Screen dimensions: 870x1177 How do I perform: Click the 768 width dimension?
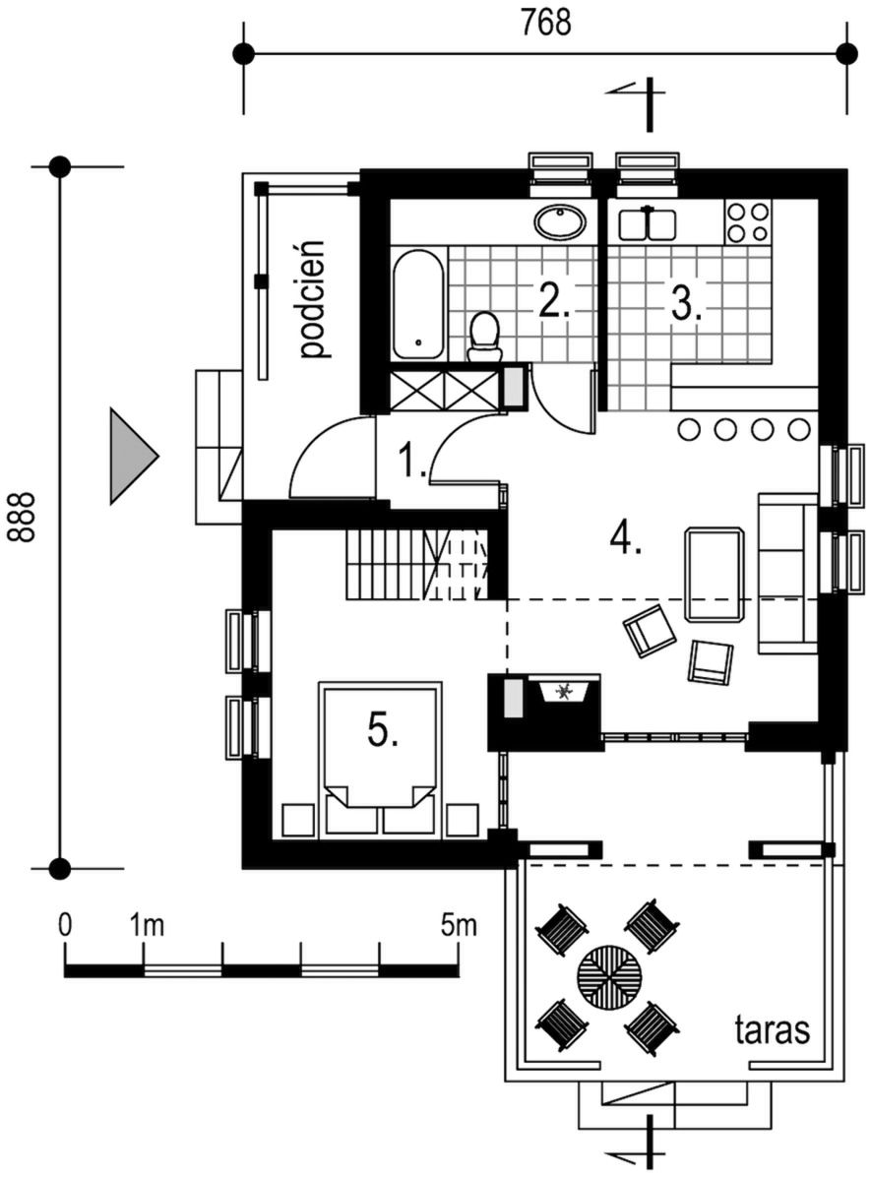click(546, 23)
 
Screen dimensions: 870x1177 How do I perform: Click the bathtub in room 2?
click(419, 305)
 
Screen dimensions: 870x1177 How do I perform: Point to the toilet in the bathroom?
click(485, 337)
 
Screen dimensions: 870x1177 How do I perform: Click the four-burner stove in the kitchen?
click(748, 221)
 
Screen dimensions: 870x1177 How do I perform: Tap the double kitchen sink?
click(647, 223)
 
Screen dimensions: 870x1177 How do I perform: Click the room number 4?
click(625, 537)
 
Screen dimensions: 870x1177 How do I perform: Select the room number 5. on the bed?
click(383, 729)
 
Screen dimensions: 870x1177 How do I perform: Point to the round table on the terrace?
click(609, 976)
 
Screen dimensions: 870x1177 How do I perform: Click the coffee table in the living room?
click(715, 575)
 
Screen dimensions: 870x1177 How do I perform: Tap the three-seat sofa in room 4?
click(787, 574)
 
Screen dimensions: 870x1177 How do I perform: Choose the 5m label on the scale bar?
click(459, 925)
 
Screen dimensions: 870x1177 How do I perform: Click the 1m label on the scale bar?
click(147, 925)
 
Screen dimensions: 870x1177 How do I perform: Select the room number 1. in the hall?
click(411, 461)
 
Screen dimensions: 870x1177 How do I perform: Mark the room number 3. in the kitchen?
click(686, 303)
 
